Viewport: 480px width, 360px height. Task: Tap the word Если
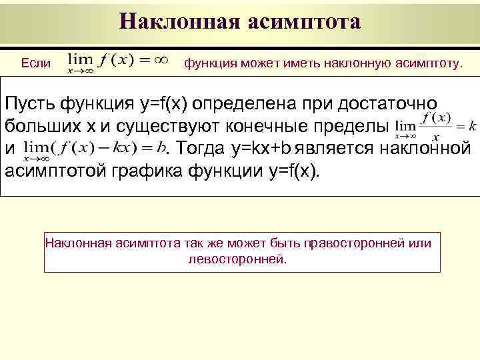click(35, 63)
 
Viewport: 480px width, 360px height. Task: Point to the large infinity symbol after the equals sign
click(161, 59)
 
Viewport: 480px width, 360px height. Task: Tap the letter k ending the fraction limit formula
click(472, 125)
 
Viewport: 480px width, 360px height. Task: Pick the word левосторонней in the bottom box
click(238, 259)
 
